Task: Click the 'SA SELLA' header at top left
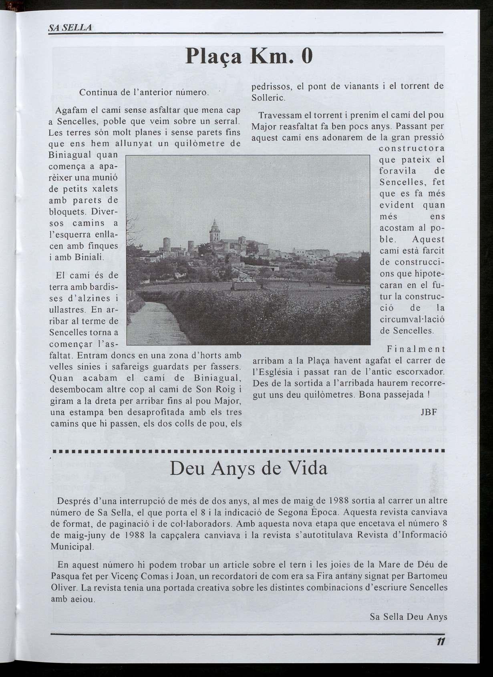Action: tap(70, 28)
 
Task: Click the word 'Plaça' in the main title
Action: tap(213, 57)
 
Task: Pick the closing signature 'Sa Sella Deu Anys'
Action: tap(408, 617)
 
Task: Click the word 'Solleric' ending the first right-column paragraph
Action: tap(268, 98)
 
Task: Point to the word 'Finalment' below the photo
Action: tap(416, 349)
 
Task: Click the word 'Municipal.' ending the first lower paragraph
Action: tap(72, 546)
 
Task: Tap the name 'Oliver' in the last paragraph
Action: tap(64, 588)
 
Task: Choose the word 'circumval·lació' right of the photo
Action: tap(412, 320)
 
